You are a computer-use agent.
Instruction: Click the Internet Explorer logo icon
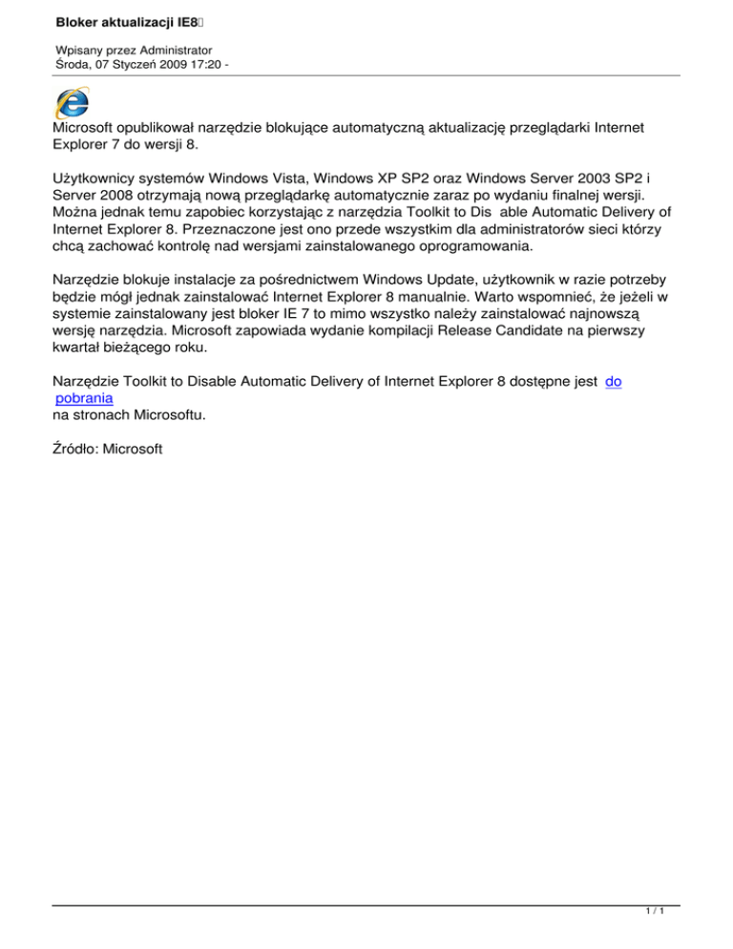coord(73,103)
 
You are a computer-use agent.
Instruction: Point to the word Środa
coord(77,65)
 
